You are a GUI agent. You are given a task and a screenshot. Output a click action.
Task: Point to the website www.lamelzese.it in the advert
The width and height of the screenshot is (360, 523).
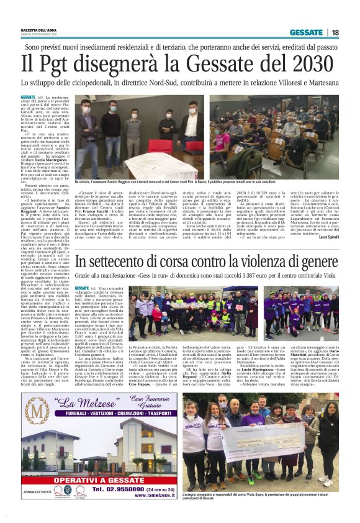click(143, 496)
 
